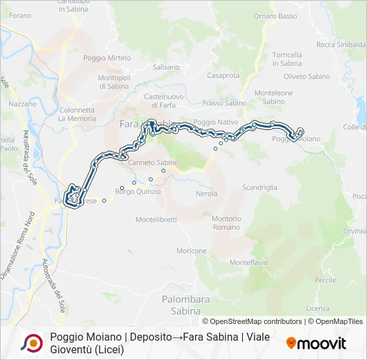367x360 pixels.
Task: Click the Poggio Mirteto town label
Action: click(x=107, y=58)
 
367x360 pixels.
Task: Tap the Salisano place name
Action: click(x=166, y=67)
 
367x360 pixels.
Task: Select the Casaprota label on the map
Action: click(x=224, y=76)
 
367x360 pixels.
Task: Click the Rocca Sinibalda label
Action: click(x=341, y=45)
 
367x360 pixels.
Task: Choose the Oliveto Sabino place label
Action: click(x=308, y=77)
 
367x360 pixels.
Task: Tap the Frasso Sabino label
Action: click(x=224, y=103)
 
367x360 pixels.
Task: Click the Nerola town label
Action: click(x=207, y=193)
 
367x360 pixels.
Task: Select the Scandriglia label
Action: click(x=260, y=187)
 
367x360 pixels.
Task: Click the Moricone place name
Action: click(x=192, y=251)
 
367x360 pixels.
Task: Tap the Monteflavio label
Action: click(x=248, y=263)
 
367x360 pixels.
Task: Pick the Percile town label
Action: click(x=326, y=280)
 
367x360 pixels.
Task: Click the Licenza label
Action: click(x=318, y=308)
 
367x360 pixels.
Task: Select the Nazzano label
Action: click(x=23, y=105)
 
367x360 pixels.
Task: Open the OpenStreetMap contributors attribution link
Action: click(x=252, y=321)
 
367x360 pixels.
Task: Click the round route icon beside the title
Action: click(x=31, y=343)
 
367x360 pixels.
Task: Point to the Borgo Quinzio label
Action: click(x=138, y=192)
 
